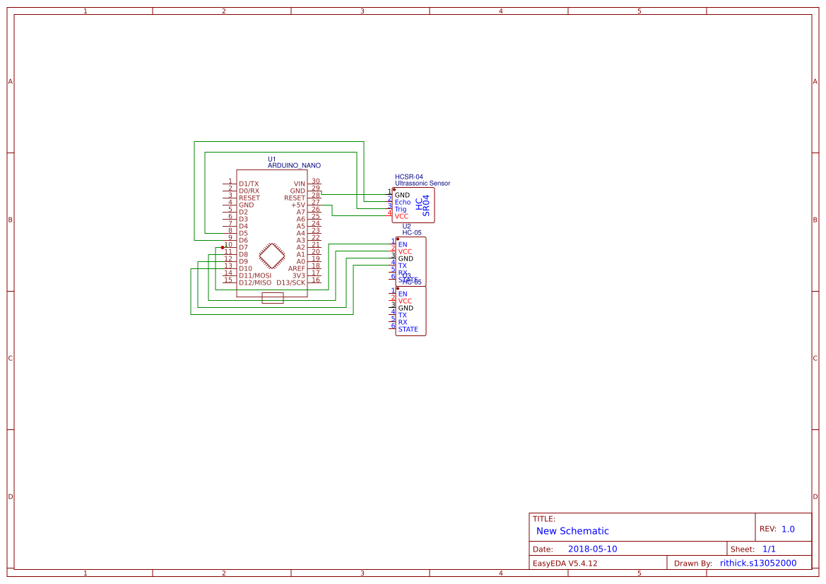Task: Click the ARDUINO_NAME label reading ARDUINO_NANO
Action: pos(293,165)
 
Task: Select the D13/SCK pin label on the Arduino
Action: pos(290,282)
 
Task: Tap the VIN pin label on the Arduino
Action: pos(299,184)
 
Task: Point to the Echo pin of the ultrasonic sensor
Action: pos(402,203)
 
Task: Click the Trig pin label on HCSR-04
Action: pos(401,210)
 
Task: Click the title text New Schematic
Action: pos(572,531)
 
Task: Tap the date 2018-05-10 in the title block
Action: pos(592,549)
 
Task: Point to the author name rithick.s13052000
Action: pos(757,564)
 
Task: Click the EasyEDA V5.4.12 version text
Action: pos(565,564)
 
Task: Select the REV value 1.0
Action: pos(788,529)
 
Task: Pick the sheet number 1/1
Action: pos(769,549)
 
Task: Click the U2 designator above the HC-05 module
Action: pos(406,226)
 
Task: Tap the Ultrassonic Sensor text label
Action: pos(422,183)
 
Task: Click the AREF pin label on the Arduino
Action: pos(296,268)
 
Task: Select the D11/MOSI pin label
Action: pos(254,275)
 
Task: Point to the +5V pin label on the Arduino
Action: pos(297,205)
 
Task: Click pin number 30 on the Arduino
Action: pos(316,181)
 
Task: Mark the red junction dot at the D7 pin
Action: pos(223,247)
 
